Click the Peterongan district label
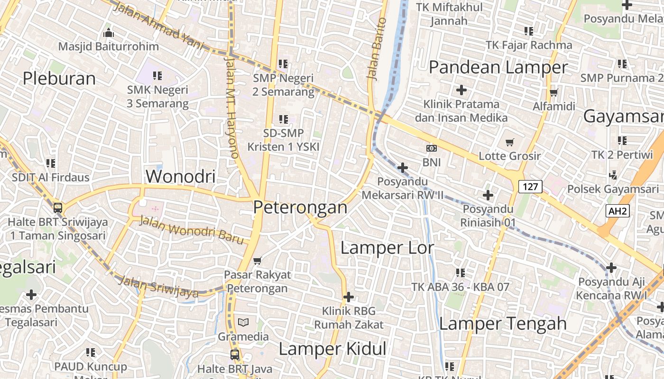(x=300, y=207)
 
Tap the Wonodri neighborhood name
(x=180, y=176)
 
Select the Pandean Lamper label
(x=498, y=67)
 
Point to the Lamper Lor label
(x=387, y=247)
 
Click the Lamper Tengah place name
(x=503, y=324)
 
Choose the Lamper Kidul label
(x=332, y=349)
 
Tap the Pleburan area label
(x=59, y=78)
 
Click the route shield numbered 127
(x=530, y=187)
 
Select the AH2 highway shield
(x=618, y=211)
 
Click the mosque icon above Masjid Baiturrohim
(x=109, y=33)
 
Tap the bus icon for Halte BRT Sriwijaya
(x=58, y=208)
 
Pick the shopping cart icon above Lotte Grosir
(x=510, y=142)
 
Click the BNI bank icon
(x=432, y=148)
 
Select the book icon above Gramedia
(x=243, y=323)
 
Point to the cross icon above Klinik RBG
(x=349, y=297)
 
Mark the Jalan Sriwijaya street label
(x=158, y=287)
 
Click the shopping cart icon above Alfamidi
(x=553, y=92)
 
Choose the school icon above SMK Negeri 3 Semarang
(x=157, y=75)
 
